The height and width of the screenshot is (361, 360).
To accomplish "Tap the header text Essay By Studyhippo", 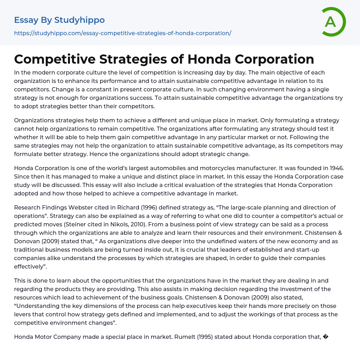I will click(59, 20).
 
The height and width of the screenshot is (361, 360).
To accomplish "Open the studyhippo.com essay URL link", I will click(122, 33).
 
